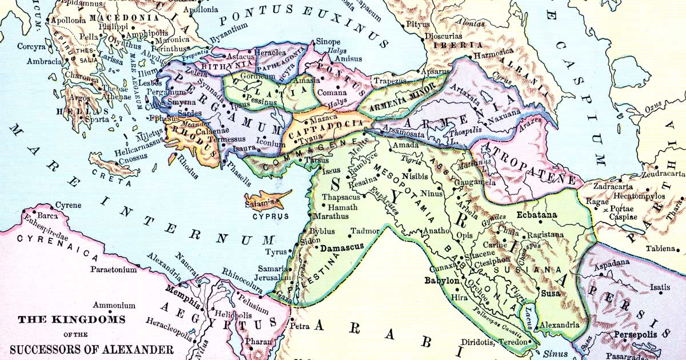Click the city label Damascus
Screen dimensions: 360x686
[342, 250]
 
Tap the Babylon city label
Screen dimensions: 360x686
[441, 281]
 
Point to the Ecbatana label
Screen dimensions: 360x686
[537, 215]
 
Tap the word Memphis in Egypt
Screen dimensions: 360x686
[183, 289]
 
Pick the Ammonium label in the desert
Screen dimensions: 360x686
[114, 306]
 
